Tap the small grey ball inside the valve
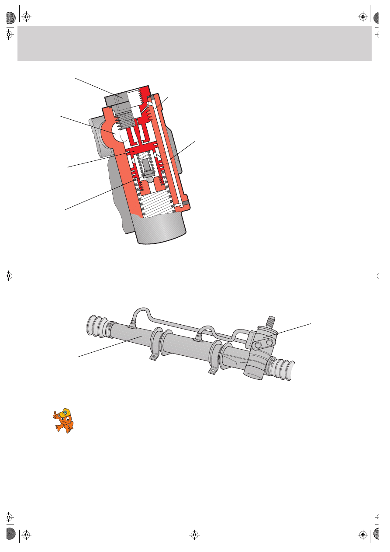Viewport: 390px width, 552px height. pos(150,179)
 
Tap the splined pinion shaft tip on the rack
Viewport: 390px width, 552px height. pos(271,322)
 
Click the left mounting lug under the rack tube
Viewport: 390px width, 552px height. pos(153,357)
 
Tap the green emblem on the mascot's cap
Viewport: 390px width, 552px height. pos(65,412)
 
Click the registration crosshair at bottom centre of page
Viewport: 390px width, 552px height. pos(195,534)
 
